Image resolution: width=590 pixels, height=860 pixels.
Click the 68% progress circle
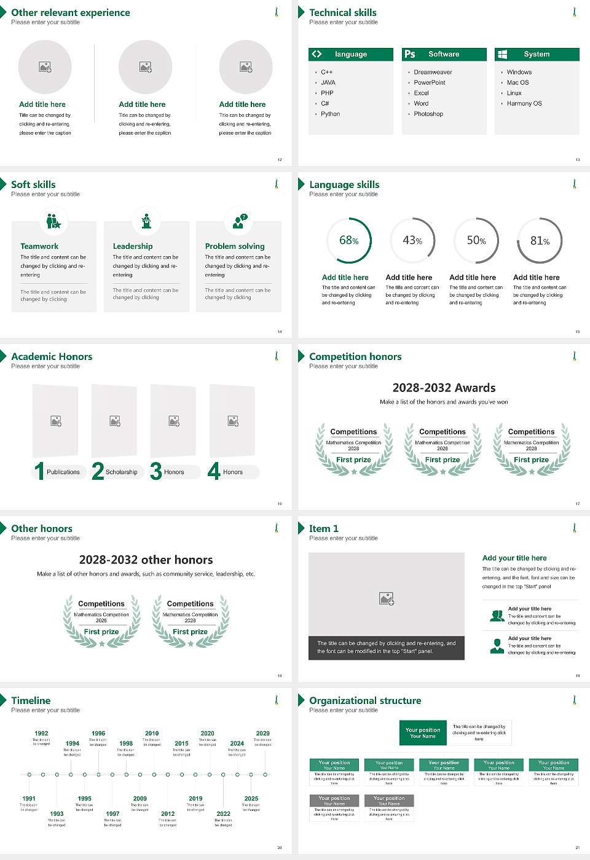(x=349, y=240)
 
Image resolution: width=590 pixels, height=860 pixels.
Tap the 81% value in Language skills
(x=540, y=241)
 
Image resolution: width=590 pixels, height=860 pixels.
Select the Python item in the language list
(x=330, y=114)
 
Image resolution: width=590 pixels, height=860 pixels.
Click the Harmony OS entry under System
(x=524, y=103)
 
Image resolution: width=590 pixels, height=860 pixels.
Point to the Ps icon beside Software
(x=410, y=54)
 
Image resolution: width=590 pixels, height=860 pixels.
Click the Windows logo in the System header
(x=502, y=54)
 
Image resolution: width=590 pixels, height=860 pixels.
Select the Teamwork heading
(x=39, y=246)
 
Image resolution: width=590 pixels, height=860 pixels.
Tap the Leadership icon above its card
(x=146, y=221)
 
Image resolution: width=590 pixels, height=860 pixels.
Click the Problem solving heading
(x=235, y=246)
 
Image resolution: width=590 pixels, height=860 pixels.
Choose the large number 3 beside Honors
(x=156, y=471)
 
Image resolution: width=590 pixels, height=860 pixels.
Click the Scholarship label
(x=121, y=472)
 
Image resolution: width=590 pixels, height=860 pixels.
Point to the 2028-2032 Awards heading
(x=444, y=388)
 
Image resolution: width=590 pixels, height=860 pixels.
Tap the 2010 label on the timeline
(x=152, y=733)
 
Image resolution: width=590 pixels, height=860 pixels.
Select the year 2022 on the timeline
(x=223, y=813)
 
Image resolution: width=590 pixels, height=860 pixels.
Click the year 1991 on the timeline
(x=29, y=799)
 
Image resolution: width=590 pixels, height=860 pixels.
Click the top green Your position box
(x=423, y=733)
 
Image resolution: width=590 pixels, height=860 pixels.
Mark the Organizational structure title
(x=365, y=700)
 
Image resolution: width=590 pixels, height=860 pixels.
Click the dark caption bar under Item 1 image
(x=386, y=647)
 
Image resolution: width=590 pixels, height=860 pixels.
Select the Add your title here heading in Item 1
(x=514, y=558)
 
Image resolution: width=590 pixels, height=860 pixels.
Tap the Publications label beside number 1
(x=63, y=472)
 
